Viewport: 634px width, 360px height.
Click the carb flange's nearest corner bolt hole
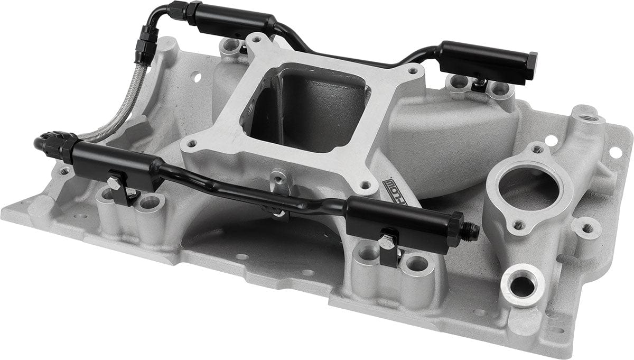point(365,186)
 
